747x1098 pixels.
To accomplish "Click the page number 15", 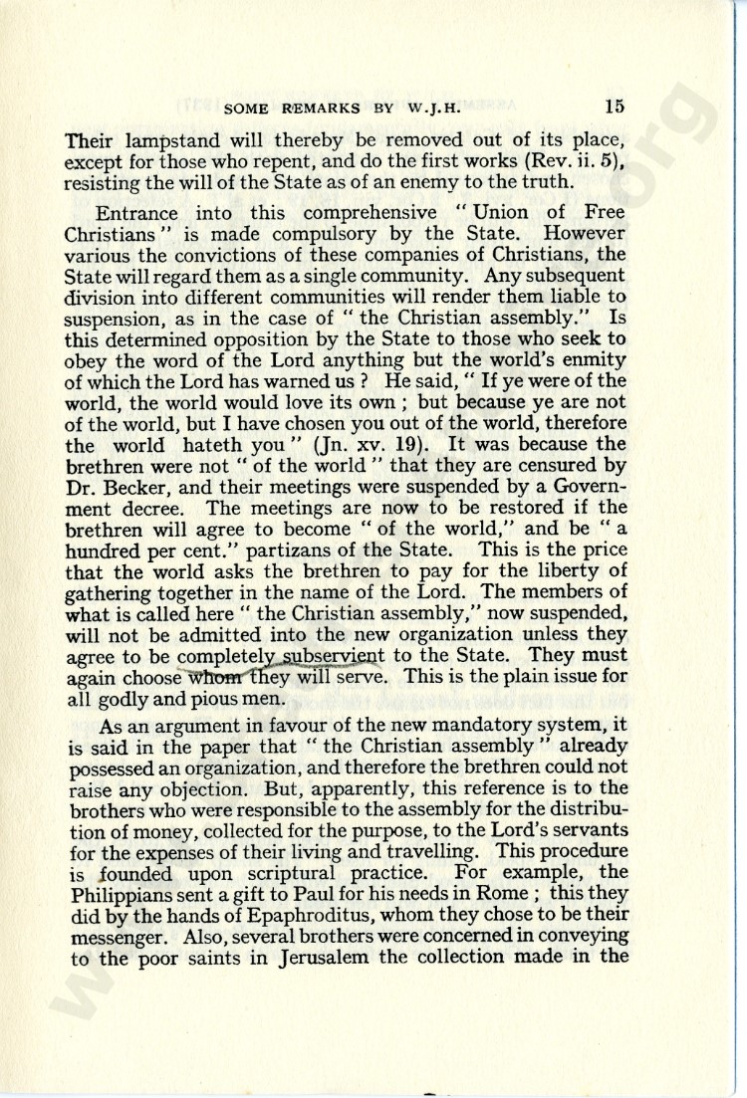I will [614, 106].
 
